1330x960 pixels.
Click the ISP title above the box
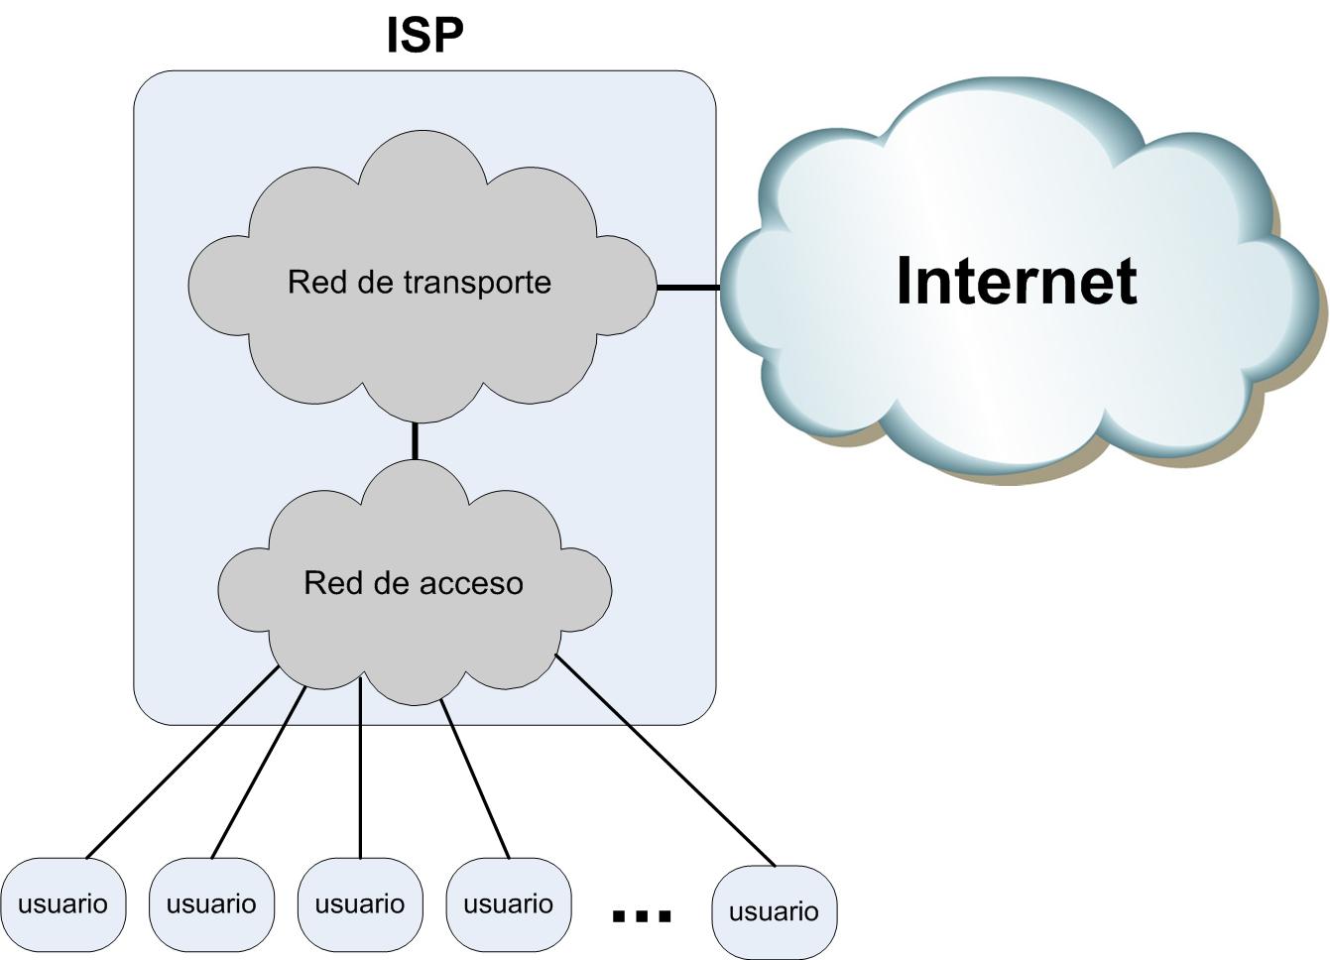coord(424,35)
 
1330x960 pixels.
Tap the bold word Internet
coord(1016,281)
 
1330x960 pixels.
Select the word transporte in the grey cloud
coord(478,283)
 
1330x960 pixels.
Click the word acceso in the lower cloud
coord(477,583)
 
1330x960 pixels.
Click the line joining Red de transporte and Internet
coord(688,288)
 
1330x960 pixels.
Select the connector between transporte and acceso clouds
coord(415,440)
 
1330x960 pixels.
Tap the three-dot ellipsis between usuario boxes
coord(642,914)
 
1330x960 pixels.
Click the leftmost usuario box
coord(62,904)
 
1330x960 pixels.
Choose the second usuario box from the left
coord(211,904)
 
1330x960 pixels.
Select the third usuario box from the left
coord(360,904)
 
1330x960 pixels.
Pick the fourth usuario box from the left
coord(509,904)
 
